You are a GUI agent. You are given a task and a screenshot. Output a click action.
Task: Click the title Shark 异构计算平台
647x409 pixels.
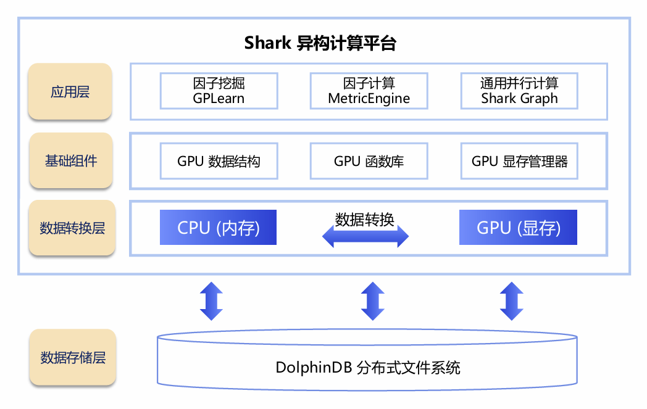[x=320, y=43]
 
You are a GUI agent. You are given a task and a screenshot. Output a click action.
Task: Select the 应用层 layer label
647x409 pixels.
[x=70, y=92]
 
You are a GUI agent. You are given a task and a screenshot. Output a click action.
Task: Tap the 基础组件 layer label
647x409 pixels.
[x=70, y=161]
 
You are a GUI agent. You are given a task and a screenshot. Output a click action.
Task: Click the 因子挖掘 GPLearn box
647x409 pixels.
[x=219, y=91]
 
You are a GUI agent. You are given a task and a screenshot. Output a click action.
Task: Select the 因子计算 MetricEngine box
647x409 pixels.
[x=369, y=91]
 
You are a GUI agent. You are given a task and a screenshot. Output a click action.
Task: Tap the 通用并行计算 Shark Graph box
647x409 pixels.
[x=519, y=91]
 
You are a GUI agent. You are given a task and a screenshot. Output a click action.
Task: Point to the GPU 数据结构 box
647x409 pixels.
[x=219, y=162]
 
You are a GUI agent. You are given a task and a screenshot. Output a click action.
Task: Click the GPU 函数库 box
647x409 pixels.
[x=369, y=162]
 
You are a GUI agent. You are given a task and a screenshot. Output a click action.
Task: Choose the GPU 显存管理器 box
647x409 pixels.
[x=519, y=162]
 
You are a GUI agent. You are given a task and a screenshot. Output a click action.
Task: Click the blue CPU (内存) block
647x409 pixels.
[x=218, y=228]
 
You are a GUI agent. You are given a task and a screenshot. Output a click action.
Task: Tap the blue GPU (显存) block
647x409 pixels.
[x=518, y=228]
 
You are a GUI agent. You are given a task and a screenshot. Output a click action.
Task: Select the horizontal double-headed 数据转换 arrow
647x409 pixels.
[x=365, y=236]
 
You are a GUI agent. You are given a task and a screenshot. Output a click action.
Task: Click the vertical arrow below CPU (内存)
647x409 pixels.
[x=211, y=301]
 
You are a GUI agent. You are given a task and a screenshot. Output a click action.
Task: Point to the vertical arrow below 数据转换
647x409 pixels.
[x=372, y=301]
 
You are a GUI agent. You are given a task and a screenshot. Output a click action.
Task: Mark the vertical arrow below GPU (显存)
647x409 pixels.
[x=511, y=301]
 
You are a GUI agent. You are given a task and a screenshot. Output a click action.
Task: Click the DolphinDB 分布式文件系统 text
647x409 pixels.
[x=367, y=368]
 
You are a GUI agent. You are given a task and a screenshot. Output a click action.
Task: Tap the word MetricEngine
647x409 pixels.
[x=369, y=99]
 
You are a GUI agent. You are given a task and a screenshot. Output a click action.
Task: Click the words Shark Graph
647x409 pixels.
[x=519, y=99]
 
